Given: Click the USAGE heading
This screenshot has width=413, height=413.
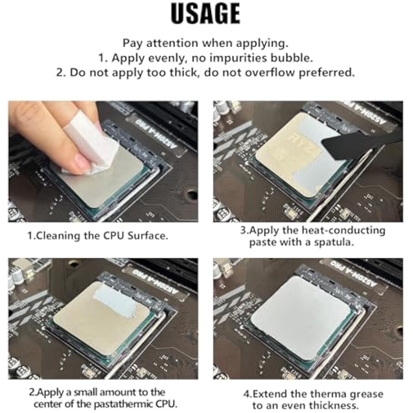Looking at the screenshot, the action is [x=205, y=14].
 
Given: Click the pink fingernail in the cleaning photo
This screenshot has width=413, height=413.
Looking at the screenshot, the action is [x=82, y=161].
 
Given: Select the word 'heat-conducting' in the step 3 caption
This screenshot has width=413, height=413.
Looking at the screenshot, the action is [x=343, y=230].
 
